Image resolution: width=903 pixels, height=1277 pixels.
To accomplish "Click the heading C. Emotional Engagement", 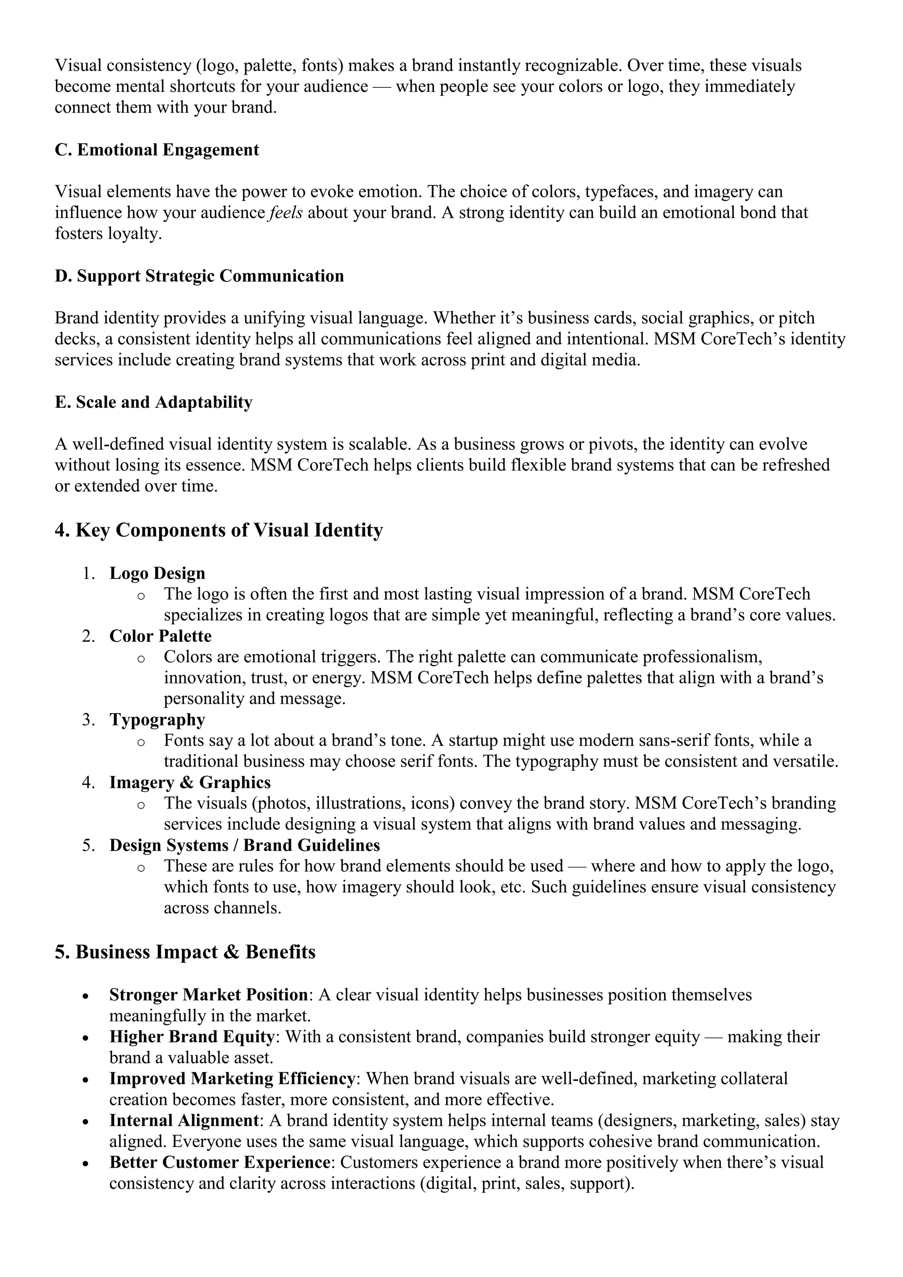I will pyautogui.click(x=157, y=150).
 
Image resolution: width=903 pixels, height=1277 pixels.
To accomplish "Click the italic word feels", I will pyautogui.click(x=286, y=213).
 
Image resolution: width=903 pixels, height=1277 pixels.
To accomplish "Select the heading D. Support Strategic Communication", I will pyautogui.click(x=199, y=276).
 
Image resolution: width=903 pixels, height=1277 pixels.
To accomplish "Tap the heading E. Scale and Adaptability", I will pyautogui.click(x=153, y=402).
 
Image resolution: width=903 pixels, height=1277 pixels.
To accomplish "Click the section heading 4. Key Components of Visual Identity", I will pyautogui.click(x=219, y=530).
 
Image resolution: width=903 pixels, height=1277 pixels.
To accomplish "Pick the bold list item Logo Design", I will pyautogui.click(x=157, y=573).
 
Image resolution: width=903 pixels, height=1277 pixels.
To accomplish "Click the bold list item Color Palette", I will pyautogui.click(x=160, y=636).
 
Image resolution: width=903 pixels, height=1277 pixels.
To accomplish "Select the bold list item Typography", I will pyautogui.click(x=157, y=720).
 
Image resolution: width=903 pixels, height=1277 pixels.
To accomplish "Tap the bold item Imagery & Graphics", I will pyautogui.click(x=190, y=783).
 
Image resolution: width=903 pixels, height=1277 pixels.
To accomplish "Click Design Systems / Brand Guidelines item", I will pyautogui.click(x=245, y=845).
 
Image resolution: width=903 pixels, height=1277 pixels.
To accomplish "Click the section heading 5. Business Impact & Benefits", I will pyautogui.click(x=185, y=952).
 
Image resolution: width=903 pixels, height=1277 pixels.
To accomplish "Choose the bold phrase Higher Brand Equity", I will pyautogui.click(x=192, y=1037).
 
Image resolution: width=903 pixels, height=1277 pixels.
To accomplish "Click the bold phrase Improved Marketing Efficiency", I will pyautogui.click(x=232, y=1079).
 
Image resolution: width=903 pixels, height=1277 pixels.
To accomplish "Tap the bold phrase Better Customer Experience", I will pyautogui.click(x=219, y=1162).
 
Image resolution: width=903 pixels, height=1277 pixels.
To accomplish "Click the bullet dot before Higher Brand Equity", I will pyautogui.click(x=85, y=1038).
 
